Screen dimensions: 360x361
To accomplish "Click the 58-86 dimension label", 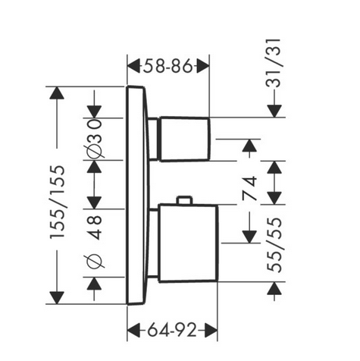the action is click(168, 67).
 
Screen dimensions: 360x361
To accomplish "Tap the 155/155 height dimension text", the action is click(58, 202).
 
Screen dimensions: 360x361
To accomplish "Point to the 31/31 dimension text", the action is click(274, 63).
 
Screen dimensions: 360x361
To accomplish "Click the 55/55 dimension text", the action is click(274, 245).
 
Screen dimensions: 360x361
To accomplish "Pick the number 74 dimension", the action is click(250, 188).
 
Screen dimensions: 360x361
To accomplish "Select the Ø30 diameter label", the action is click(95, 139).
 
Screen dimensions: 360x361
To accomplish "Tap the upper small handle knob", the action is click(184, 139).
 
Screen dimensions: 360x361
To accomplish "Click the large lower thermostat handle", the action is click(188, 243).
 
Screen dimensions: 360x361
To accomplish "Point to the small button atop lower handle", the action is click(185, 199).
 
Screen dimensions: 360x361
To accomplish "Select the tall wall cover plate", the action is click(136, 196).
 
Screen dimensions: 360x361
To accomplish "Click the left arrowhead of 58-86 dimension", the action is click(133, 66).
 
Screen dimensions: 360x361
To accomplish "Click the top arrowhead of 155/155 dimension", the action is click(57, 93).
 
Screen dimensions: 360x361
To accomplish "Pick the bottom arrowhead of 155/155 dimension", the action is click(57, 298).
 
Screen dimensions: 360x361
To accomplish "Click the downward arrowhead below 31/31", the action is click(274, 111).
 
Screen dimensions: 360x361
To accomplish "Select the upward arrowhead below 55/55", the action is click(274, 288).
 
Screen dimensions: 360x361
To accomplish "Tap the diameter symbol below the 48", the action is click(94, 261).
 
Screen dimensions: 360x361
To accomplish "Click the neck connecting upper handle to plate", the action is click(153, 139).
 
